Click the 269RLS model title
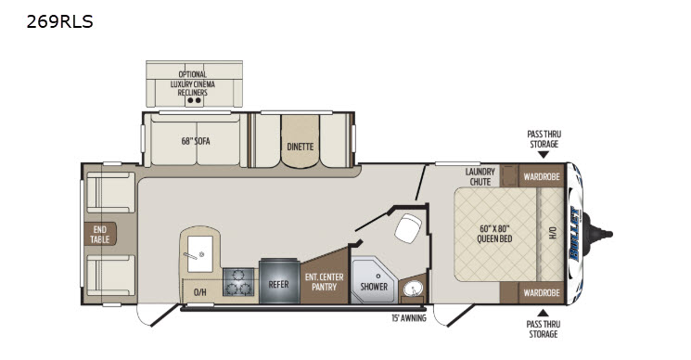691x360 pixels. point(59,21)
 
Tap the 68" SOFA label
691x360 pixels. point(196,141)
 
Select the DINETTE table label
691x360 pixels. point(301,147)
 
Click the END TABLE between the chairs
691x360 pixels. point(100,234)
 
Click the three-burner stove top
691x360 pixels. point(238,282)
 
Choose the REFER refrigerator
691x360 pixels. point(279,281)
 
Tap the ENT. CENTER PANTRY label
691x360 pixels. point(325,282)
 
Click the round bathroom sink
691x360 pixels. point(414,289)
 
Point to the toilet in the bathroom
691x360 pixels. point(408,228)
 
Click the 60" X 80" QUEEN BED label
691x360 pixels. point(494,234)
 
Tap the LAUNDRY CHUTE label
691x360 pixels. point(480,176)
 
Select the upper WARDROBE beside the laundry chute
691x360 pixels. point(542,176)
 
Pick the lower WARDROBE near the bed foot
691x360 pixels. point(542,292)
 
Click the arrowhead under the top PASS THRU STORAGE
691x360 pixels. point(544,155)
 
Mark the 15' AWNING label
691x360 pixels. point(409,317)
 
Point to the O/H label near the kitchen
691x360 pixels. point(200,292)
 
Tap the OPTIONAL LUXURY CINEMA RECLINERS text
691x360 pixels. point(193,84)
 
